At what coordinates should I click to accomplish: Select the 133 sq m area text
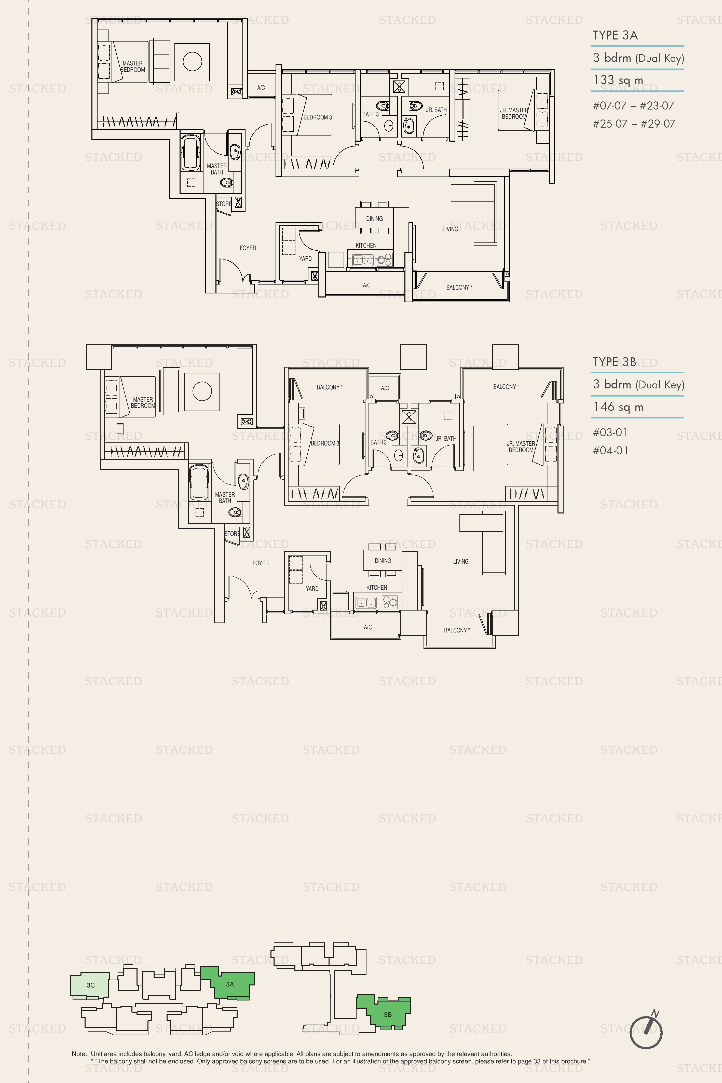pyautogui.click(x=618, y=80)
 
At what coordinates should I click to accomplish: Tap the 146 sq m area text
pyautogui.click(x=618, y=407)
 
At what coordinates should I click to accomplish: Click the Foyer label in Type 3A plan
pyautogui.click(x=248, y=248)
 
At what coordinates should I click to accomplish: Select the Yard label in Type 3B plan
pyautogui.click(x=312, y=588)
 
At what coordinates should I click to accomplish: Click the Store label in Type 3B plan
pyautogui.click(x=232, y=534)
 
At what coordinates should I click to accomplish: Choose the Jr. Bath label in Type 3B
pyautogui.click(x=446, y=438)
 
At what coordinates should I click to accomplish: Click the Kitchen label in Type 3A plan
pyautogui.click(x=366, y=246)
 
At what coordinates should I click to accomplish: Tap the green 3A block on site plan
pyautogui.click(x=230, y=984)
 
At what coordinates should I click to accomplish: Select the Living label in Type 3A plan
pyautogui.click(x=450, y=229)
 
